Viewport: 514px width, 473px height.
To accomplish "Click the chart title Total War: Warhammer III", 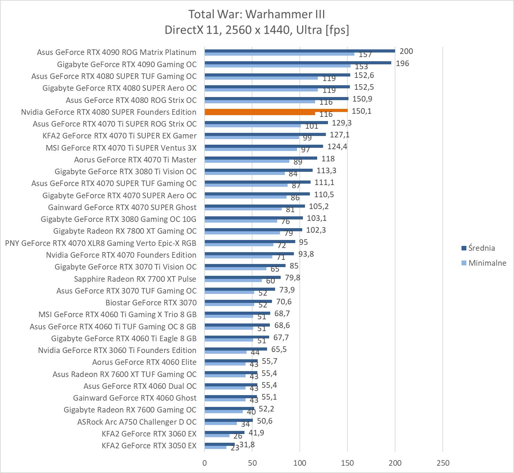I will (x=257, y=14).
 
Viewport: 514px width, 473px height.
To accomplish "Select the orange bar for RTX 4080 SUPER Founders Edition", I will (x=276, y=111).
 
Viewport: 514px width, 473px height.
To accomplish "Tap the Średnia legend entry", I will (x=481, y=248).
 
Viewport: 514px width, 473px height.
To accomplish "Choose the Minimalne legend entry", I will (x=487, y=263).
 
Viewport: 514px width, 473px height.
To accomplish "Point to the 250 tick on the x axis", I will (x=443, y=463).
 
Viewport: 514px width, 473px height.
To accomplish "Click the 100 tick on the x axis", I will (x=300, y=463).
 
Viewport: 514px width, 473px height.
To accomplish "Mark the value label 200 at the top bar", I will (x=406, y=51).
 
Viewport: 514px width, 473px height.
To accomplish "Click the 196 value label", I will (x=402, y=63).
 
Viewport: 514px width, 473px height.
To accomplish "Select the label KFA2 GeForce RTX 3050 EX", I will (x=149, y=446).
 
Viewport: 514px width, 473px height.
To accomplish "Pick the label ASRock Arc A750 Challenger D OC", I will (x=137, y=422).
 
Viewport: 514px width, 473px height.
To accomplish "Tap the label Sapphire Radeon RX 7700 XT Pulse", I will (x=135, y=279).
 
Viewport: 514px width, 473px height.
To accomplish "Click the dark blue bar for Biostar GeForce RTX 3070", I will (x=238, y=301).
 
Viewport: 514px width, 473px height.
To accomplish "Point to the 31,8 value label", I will (x=247, y=444).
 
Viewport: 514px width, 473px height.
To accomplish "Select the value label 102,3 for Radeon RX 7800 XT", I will (x=316, y=230).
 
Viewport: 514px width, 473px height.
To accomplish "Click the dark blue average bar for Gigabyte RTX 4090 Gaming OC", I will (x=298, y=63).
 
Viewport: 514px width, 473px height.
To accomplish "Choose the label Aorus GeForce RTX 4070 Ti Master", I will (x=135, y=160).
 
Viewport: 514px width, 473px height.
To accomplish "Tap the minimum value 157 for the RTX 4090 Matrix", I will (x=365, y=55).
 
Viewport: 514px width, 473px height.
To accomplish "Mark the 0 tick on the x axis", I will (x=204, y=463).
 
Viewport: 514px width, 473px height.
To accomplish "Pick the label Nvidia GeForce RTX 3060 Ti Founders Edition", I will (x=117, y=350).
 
